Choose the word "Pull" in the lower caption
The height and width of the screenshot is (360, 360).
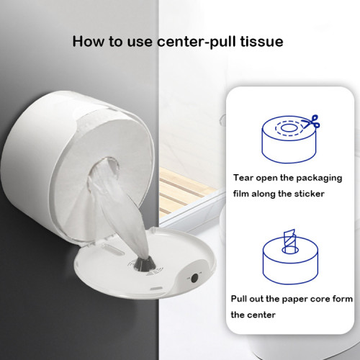(x=242, y=297)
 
